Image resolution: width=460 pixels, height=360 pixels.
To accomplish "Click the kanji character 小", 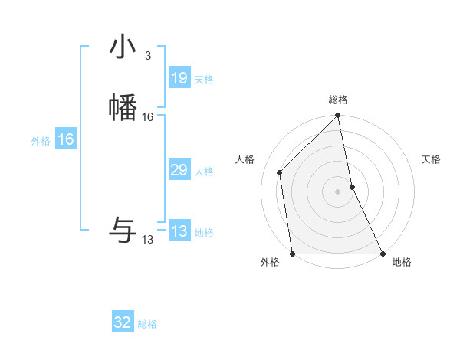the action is (x=123, y=47).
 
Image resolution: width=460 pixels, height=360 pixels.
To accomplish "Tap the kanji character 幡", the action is (x=123, y=106).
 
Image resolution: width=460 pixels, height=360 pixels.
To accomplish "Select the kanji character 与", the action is (x=123, y=229).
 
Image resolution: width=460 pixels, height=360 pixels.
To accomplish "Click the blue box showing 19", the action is (x=179, y=78).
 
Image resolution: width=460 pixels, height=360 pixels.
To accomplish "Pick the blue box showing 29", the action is (x=179, y=171).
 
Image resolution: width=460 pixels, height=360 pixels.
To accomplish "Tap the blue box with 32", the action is (x=123, y=323).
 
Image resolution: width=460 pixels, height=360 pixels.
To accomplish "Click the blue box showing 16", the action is (x=65, y=139).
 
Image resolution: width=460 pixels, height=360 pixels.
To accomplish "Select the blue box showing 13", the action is (x=179, y=232).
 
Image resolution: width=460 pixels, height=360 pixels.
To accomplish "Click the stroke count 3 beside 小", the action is (x=148, y=56).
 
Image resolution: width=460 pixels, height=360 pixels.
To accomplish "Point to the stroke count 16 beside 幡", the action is (x=148, y=117).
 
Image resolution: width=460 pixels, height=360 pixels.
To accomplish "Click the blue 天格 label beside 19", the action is (x=204, y=80).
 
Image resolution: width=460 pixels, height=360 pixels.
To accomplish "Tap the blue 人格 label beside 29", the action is (x=204, y=172).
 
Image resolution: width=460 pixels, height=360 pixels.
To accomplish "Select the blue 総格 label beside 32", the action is (x=147, y=325).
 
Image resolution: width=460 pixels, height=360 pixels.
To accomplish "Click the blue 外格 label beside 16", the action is (x=41, y=141).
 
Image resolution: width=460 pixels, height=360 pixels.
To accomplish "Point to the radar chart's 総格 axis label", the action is (x=338, y=100).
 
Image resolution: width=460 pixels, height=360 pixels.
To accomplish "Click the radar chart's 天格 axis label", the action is (x=432, y=159).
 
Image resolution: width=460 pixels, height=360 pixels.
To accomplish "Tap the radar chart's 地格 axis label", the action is (x=402, y=263).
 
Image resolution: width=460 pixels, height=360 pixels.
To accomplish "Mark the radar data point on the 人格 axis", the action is (x=280, y=172).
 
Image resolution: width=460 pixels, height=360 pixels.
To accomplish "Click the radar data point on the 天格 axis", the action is (x=353, y=187).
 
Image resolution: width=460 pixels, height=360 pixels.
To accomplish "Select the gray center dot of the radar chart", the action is (x=338, y=191).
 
